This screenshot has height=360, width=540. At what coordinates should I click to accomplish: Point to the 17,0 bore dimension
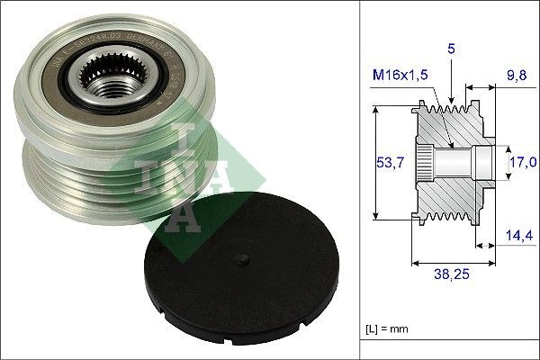522,162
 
